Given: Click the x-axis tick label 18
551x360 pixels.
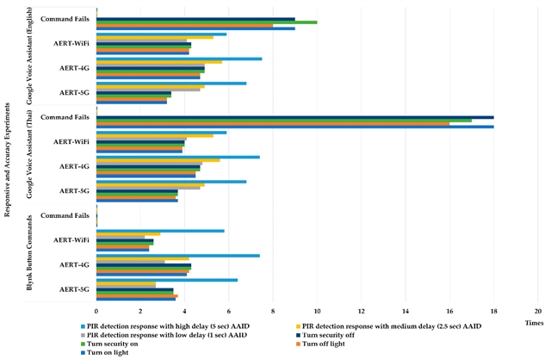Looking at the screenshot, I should coord(494,311).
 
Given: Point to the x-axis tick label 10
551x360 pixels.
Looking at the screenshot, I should coord(318,311).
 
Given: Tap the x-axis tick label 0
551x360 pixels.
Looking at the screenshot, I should coord(96,311).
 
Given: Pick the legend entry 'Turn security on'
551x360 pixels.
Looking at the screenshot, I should coord(115,343).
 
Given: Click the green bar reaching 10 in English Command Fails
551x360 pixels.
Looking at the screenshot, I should coord(207,22).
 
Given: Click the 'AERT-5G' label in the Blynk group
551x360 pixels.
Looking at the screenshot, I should coord(72,289).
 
